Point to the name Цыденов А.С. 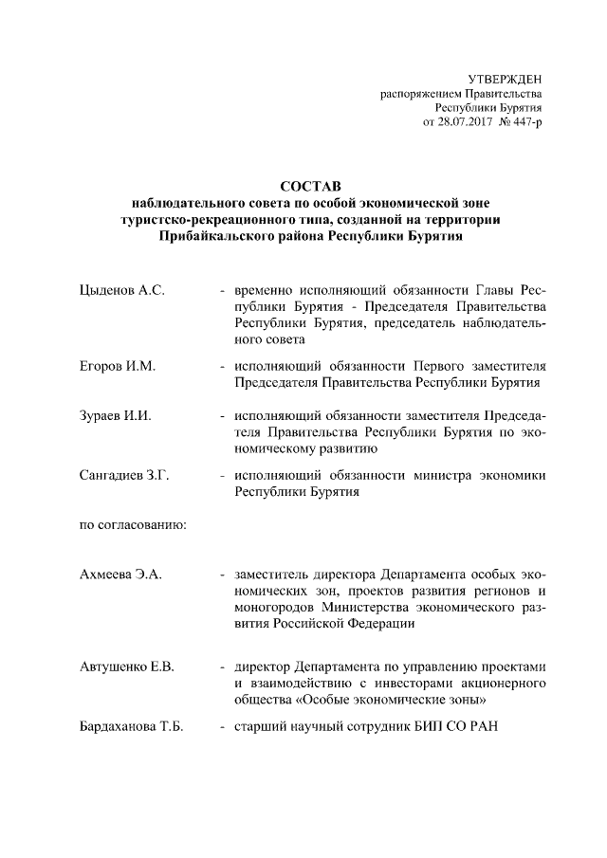[122, 288]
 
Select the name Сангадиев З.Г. [124, 476]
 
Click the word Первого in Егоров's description [414, 366]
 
